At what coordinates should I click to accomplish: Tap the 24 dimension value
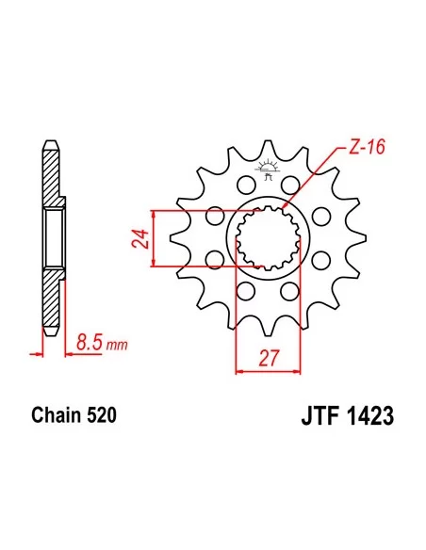click(139, 238)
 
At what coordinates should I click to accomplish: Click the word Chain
click(54, 415)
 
